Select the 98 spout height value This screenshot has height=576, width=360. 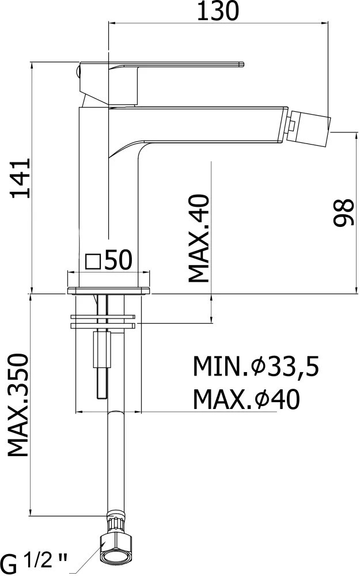[344, 213]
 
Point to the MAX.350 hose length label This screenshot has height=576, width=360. [18, 405]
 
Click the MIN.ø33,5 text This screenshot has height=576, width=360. [256, 366]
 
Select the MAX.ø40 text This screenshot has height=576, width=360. [247, 399]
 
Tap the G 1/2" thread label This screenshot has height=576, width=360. [35, 561]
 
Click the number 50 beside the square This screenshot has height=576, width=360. [118, 260]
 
